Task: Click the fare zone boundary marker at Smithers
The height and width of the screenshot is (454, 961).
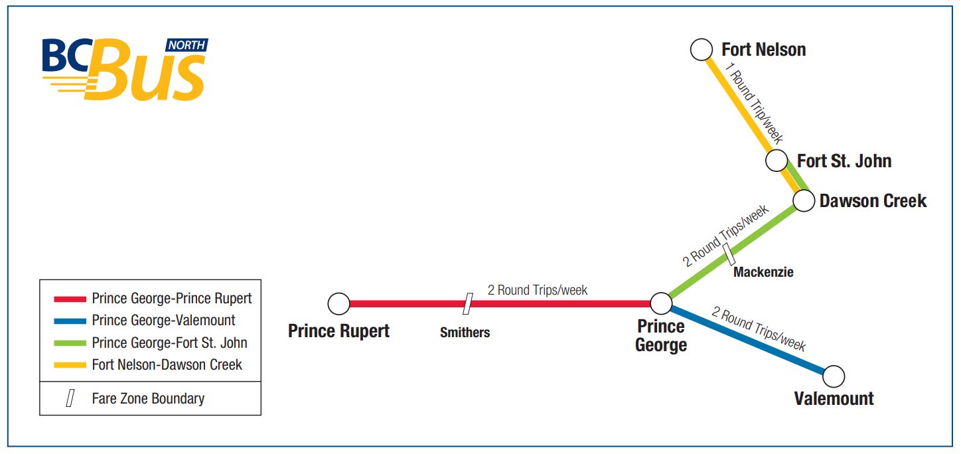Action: click(x=468, y=304)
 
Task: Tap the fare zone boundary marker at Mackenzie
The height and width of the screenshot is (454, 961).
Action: click(x=729, y=254)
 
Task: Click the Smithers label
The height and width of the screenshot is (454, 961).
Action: click(x=465, y=332)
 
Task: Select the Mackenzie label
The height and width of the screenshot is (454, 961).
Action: click(x=763, y=271)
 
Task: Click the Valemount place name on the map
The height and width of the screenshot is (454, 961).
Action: click(x=834, y=398)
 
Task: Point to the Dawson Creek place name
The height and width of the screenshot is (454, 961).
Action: click(x=873, y=200)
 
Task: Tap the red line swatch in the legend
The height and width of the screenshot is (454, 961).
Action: click(x=70, y=299)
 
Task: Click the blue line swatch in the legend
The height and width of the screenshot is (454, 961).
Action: click(x=70, y=321)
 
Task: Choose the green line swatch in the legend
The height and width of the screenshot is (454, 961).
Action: click(x=70, y=343)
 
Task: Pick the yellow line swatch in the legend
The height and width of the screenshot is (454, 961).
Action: click(x=70, y=365)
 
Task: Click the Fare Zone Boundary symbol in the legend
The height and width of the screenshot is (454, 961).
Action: click(x=70, y=398)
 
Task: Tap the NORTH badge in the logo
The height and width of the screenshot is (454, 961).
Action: click(x=186, y=45)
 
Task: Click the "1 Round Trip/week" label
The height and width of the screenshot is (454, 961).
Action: click(x=753, y=103)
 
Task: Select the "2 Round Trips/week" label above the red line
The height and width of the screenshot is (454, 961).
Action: click(x=537, y=290)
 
